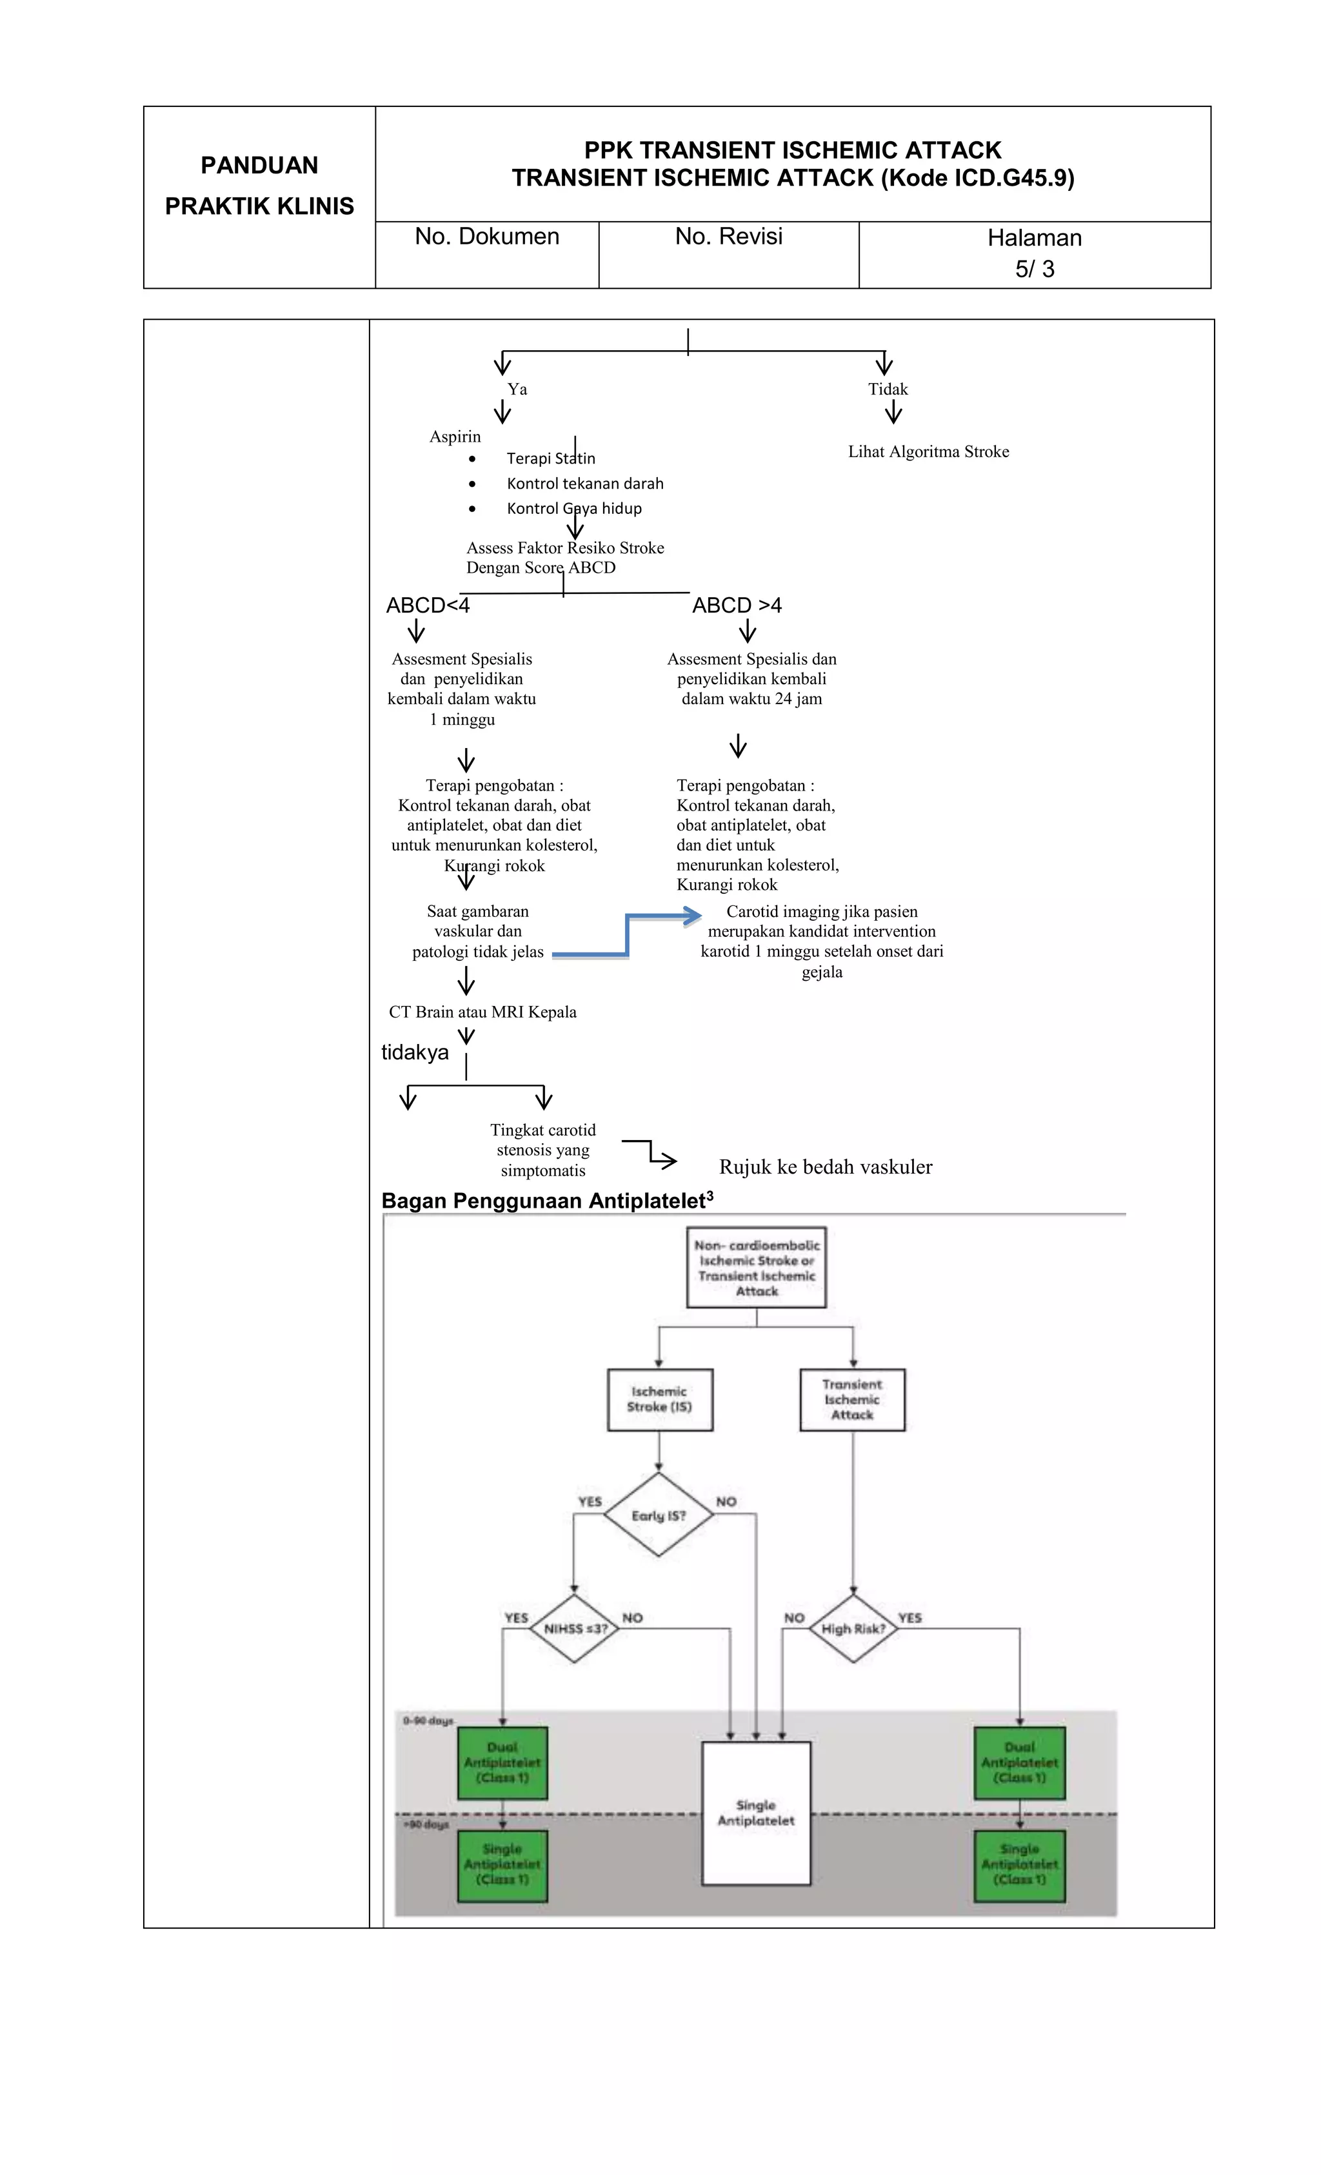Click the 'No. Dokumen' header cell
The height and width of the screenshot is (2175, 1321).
[486, 237]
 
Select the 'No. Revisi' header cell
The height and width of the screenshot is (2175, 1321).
[728, 237]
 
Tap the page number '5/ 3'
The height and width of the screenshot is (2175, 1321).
[1034, 270]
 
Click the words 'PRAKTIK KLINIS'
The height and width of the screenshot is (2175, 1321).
[259, 206]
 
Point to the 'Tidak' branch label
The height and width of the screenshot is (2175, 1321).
[888, 389]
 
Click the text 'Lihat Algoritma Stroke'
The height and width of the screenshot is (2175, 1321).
[928, 452]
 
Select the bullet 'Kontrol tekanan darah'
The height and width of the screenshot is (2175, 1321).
[584, 484]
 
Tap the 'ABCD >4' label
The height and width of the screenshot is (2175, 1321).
[737, 605]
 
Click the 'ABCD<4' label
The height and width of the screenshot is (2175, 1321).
[428, 605]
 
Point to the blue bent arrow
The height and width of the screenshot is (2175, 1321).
[627, 936]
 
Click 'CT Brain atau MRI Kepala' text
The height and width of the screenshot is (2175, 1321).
[482, 1012]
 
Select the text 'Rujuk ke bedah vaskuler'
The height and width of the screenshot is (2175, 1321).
[825, 1167]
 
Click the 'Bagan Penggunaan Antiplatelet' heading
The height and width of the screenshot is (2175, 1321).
[546, 1201]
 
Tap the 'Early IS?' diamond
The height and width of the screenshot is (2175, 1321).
[658, 1515]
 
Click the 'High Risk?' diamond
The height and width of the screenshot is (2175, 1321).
[852, 1629]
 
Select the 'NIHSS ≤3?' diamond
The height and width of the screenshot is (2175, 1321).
[575, 1629]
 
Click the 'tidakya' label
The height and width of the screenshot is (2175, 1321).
[414, 1052]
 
